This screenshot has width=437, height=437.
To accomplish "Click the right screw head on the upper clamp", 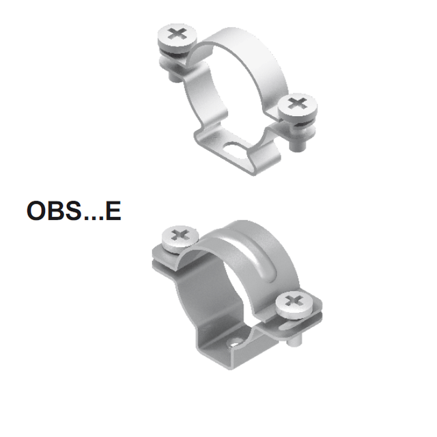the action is coord(298,105).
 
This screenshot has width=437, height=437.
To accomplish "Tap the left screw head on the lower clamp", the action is coord(180,238).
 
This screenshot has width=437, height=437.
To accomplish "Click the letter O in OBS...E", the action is coord(37,211).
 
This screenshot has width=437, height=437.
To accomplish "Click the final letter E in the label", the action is coord(113,211).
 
